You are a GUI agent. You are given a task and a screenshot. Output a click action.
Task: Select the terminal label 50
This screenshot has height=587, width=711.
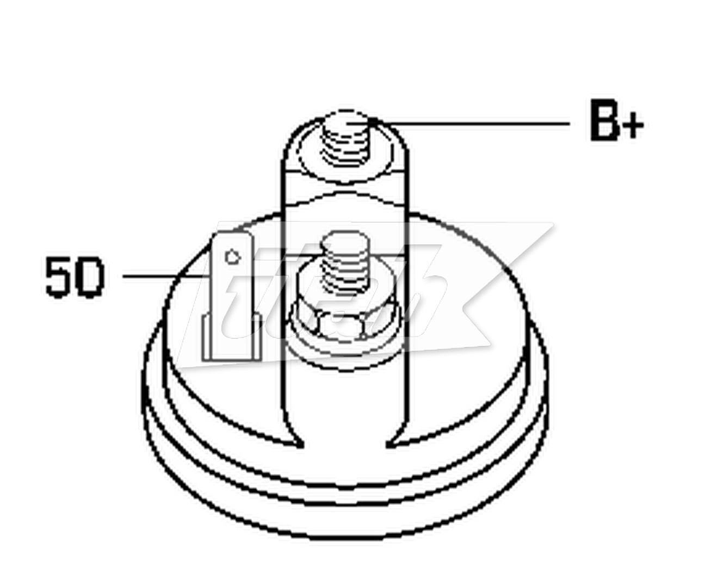tap(74, 277)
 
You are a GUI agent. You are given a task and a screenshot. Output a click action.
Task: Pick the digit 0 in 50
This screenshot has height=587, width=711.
tap(89, 277)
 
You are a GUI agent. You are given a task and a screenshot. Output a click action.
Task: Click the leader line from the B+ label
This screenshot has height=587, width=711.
tap(473, 123)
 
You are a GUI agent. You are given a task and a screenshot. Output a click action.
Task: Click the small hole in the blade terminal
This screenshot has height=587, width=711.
tap(232, 255)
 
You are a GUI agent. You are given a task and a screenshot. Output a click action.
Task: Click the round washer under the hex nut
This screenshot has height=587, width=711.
tap(305, 342)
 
